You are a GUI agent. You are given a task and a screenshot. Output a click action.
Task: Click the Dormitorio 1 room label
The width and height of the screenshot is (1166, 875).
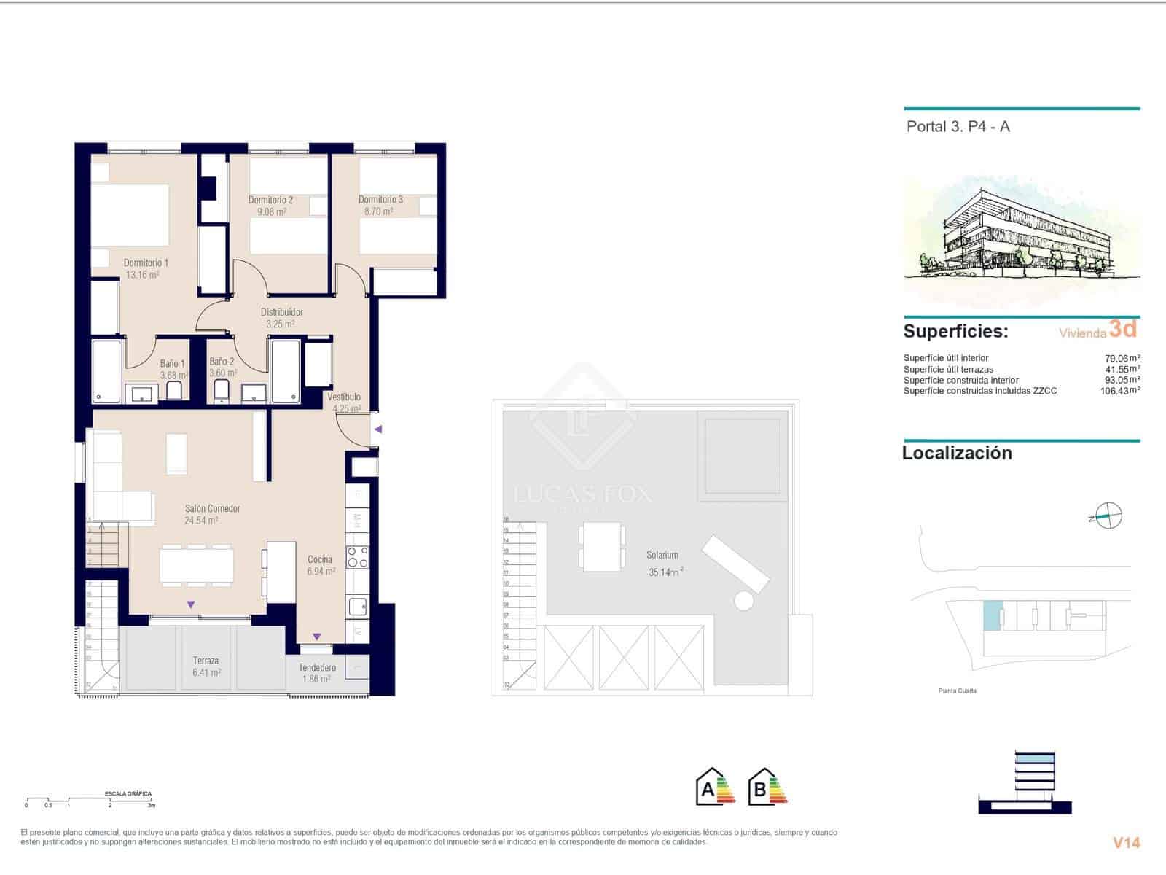point(146,262)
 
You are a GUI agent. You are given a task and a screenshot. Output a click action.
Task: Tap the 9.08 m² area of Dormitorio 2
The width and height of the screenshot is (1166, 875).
point(271,212)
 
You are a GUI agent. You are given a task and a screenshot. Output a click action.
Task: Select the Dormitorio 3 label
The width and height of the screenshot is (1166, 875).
point(380,199)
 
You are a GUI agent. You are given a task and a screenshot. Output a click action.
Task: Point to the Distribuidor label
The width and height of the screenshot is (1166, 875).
point(281,312)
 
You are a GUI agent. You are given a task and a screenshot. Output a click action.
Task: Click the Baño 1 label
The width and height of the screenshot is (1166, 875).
point(173,363)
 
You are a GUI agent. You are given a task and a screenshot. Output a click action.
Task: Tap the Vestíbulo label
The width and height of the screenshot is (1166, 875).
point(343,397)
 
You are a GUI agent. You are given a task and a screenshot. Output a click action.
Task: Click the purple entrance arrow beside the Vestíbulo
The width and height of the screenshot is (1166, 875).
point(377,429)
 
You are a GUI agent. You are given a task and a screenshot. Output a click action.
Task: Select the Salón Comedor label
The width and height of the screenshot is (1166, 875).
point(212,508)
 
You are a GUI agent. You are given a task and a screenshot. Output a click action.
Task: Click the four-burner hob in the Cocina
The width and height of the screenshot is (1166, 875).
point(357,557)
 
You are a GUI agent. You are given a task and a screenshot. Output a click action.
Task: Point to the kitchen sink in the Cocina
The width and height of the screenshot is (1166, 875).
point(357,606)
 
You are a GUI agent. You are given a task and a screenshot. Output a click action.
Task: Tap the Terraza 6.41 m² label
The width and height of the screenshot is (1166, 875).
point(206,666)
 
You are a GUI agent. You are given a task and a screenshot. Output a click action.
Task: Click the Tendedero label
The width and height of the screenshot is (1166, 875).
point(317,667)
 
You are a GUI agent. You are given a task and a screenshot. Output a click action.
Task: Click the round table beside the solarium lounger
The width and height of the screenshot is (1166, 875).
point(743,601)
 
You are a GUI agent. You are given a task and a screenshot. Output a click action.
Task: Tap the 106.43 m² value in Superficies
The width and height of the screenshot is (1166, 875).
point(1119,391)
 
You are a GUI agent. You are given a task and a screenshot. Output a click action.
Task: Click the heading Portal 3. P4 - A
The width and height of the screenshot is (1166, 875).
point(958,126)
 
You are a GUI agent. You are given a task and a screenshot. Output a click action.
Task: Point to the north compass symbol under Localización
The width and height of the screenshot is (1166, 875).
point(1107,516)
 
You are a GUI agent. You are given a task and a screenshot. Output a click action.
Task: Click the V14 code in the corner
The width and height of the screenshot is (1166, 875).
point(1126,843)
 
